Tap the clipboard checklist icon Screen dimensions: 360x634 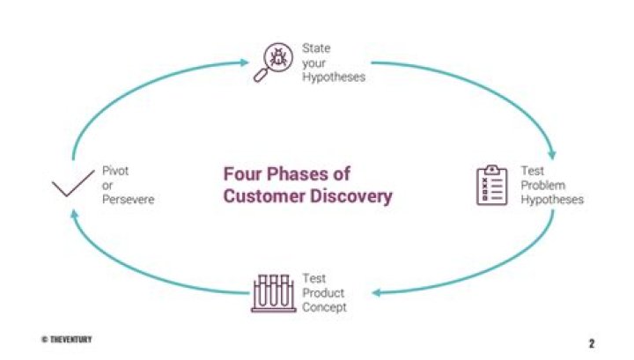[491, 186]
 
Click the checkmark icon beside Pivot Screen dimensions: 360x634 [72, 187]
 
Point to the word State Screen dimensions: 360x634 [316, 48]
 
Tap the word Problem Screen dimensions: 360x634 [542, 185]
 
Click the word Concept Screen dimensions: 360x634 [324, 307]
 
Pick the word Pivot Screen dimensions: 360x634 [116, 170]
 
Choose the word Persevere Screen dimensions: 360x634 [129, 200]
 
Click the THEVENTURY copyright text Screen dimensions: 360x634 [66, 339]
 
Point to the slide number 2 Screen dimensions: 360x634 [591, 342]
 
